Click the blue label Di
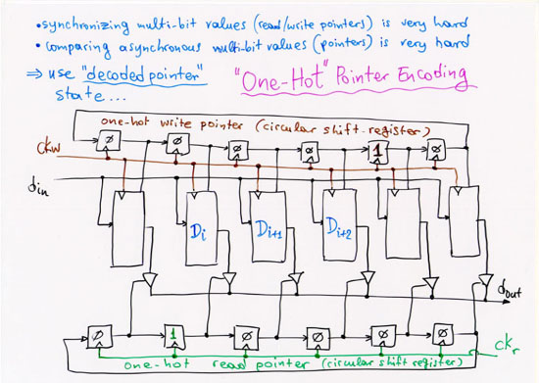click(202, 233)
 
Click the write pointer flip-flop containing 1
click(376, 152)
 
